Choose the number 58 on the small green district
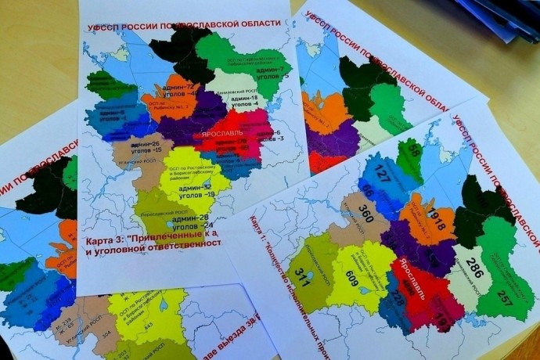[x=413, y=151]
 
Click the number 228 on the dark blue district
[x=398, y=298]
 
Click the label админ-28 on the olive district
[x=193, y=217]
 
